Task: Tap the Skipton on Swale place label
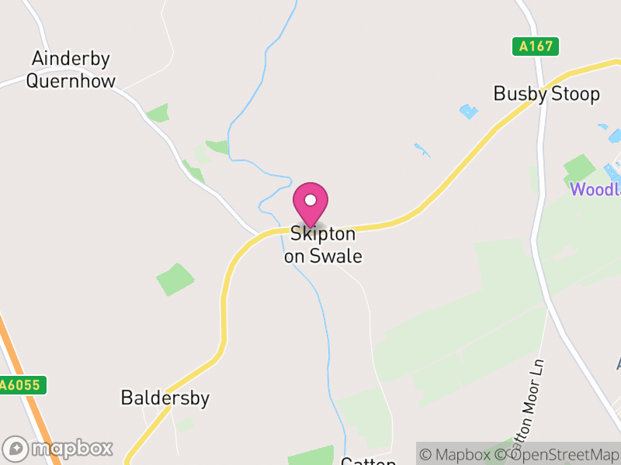pyautogui.click(x=323, y=244)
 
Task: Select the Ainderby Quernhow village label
pyautogui.click(x=71, y=70)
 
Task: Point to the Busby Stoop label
pyautogui.click(x=546, y=94)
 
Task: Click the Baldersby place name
pyautogui.click(x=165, y=398)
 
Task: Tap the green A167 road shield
pyautogui.click(x=536, y=46)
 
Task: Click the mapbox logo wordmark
pyautogui.click(x=59, y=448)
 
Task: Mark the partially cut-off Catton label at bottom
pyautogui.click(x=369, y=461)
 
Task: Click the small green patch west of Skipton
pyautogui.click(x=175, y=279)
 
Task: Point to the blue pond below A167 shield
pyautogui.click(x=469, y=112)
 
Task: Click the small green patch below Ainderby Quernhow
pyautogui.click(x=158, y=113)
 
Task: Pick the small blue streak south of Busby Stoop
pyautogui.click(x=422, y=149)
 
